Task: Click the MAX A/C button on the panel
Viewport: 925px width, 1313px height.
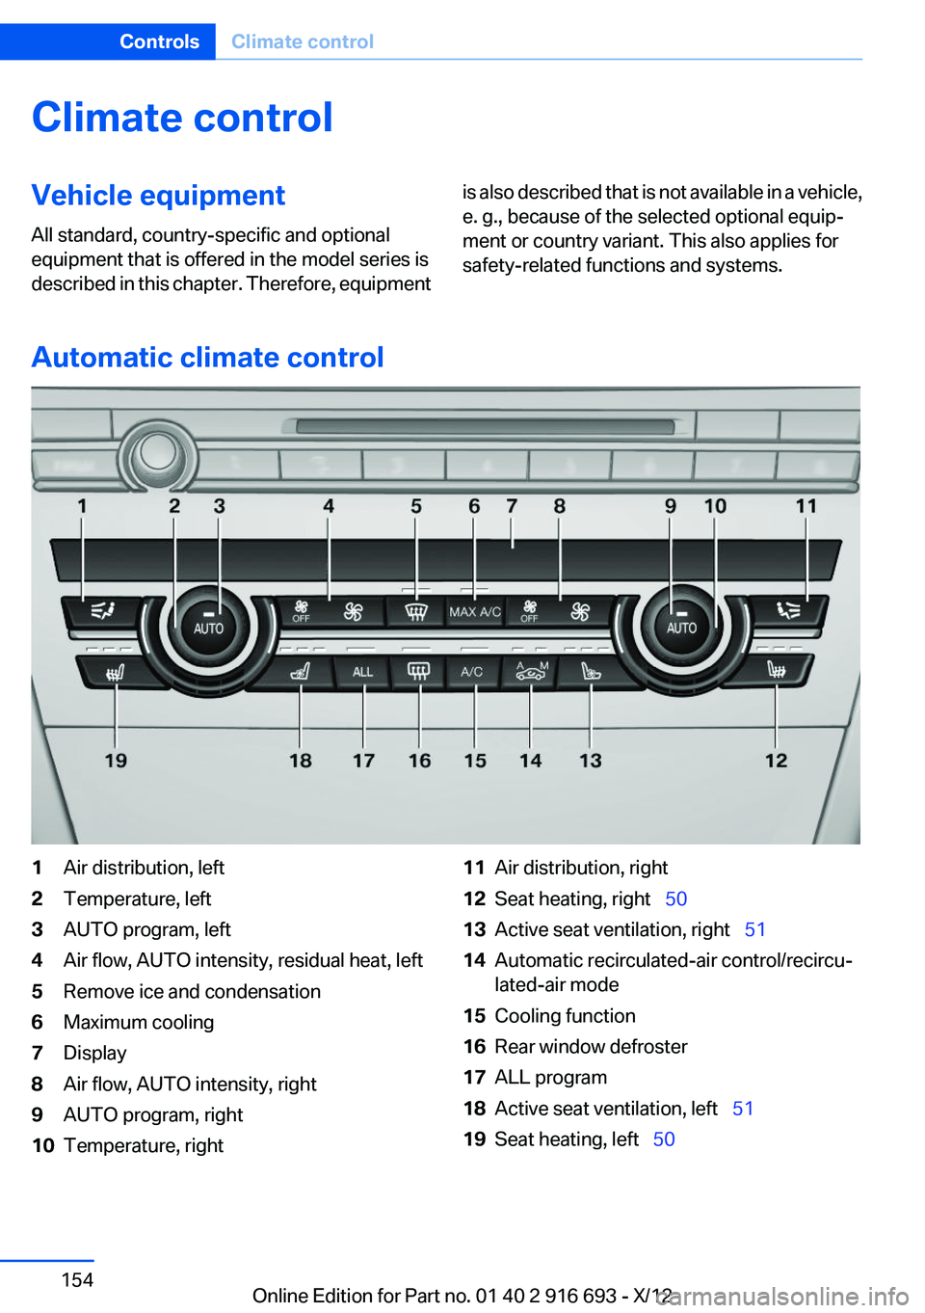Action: pyautogui.click(x=475, y=612)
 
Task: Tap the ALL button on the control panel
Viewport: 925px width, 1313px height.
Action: pyautogui.click(x=362, y=672)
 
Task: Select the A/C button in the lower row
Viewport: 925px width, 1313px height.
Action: pyautogui.click(x=472, y=672)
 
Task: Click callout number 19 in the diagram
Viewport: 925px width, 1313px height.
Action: pyautogui.click(x=116, y=761)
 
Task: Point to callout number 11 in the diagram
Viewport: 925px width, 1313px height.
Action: pyautogui.click(x=806, y=506)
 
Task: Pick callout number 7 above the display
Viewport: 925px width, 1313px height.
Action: pyautogui.click(x=512, y=506)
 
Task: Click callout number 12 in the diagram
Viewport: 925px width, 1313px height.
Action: pyautogui.click(x=776, y=761)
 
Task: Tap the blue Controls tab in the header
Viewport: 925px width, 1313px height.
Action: pyautogui.click(x=159, y=41)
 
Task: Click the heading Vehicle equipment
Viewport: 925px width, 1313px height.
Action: pyautogui.click(x=158, y=195)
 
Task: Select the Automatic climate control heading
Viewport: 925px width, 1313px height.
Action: pyautogui.click(x=207, y=357)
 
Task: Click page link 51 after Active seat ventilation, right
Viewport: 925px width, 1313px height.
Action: pyautogui.click(x=754, y=929)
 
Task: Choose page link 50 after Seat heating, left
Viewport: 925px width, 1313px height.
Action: pyautogui.click(x=664, y=1139)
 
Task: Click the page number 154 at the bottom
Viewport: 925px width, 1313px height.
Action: pyautogui.click(x=77, y=1280)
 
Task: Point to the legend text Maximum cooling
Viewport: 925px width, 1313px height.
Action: pyautogui.click(x=139, y=1022)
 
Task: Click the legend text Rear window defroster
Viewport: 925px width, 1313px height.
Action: pyautogui.click(x=591, y=1047)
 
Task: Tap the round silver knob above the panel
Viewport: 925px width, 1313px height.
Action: pyautogui.click(x=157, y=451)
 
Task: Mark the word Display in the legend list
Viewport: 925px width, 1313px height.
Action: pyautogui.click(x=94, y=1053)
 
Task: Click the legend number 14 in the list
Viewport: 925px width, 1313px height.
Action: pyautogui.click(x=474, y=960)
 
